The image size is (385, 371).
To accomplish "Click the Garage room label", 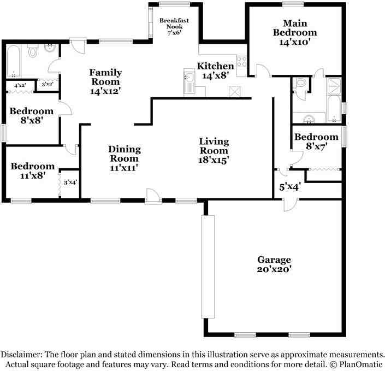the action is (274, 260).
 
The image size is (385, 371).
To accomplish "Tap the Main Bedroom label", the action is (295, 28).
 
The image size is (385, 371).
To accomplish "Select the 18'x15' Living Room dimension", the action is (214, 160).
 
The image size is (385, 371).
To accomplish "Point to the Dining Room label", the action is (125, 154).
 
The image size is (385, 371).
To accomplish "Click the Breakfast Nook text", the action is (174, 23).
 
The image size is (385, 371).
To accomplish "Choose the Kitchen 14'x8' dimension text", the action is (215, 75).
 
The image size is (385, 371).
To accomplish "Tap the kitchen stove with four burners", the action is (241, 61).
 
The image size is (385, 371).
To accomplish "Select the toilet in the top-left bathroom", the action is (32, 51).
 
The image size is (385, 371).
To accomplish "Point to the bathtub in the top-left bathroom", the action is (13, 61).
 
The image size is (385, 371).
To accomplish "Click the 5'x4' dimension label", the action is (290, 187).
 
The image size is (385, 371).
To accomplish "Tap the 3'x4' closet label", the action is (70, 182).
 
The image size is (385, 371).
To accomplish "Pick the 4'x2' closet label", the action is (20, 85).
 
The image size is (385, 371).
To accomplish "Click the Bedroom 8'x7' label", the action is (317, 142).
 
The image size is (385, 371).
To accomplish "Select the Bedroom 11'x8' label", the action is (33, 171).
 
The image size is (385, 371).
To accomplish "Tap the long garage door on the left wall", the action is (208, 267).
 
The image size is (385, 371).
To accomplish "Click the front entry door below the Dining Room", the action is (153, 196).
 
